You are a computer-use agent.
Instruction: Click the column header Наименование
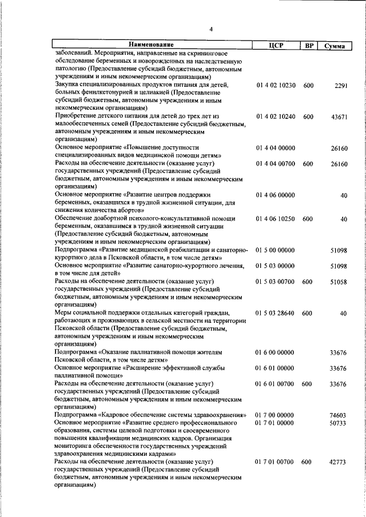(151, 45)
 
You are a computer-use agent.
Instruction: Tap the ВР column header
(309, 45)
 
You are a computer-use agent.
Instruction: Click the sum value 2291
(341, 86)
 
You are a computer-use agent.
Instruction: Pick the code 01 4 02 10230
(276, 86)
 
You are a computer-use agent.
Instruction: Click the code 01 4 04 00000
(276, 148)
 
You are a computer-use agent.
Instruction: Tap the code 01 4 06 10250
(276, 219)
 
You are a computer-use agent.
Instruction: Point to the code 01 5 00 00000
(276, 250)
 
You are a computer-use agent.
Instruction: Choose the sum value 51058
(339, 282)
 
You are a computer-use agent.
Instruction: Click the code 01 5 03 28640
(276, 313)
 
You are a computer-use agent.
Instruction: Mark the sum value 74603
(339, 415)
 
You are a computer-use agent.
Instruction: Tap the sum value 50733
(339, 423)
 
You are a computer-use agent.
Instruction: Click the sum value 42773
(339, 462)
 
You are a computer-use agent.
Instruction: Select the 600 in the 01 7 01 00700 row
(308, 462)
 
